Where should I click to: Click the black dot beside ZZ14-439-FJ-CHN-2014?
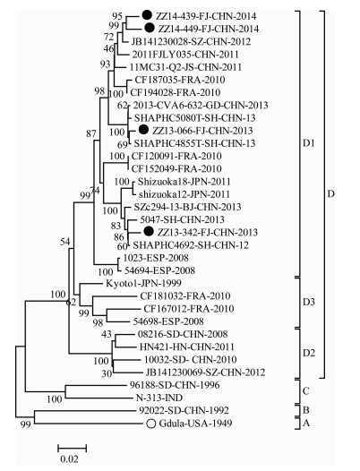(x=147, y=15)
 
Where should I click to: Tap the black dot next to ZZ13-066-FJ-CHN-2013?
(x=143, y=130)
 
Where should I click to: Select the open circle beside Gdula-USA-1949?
(x=151, y=424)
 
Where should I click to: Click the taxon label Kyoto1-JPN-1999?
(x=143, y=283)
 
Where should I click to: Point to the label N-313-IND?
(x=159, y=398)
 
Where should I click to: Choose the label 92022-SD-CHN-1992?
(x=184, y=411)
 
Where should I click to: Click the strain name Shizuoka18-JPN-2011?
(x=184, y=182)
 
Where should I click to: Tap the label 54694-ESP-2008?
(x=159, y=270)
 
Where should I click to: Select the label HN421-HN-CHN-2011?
(x=186, y=347)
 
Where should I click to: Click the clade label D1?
(x=308, y=143)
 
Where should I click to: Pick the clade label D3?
(x=308, y=302)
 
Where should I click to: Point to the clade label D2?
(x=309, y=353)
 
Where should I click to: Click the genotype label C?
(x=305, y=391)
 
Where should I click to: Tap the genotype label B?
(x=306, y=410)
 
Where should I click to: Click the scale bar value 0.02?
(x=69, y=459)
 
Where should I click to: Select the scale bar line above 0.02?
(x=73, y=449)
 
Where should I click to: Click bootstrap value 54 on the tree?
(x=65, y=242)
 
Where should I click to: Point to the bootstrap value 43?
(x=107, y=334)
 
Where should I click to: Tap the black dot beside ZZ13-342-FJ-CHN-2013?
(x=149, y=231)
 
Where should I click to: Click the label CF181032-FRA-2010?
(x=185, y=296)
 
